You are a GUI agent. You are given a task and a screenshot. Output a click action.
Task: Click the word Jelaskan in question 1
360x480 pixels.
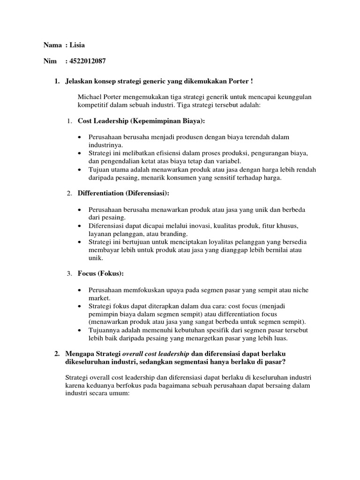click(x=79, y=82)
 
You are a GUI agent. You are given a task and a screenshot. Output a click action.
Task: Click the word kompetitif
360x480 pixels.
click(x=94, y=105)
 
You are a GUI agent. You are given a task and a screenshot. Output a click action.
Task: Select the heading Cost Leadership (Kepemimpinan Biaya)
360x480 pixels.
click(x=141, y=121)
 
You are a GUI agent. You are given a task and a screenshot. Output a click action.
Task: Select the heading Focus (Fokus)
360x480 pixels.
click(x=101, y=273)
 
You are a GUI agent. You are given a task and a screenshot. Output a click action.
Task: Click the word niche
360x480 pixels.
click(x=300, y=290)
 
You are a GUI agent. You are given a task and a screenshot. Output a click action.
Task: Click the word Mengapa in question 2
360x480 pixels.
click(x=81, y=353)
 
